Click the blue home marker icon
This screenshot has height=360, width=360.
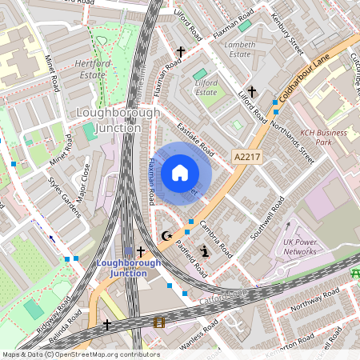pos(180,172)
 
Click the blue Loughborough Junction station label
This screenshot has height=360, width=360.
pos(122,267)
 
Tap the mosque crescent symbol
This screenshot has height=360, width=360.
pos(167,236)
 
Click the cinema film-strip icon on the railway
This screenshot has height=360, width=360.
pos(158,322)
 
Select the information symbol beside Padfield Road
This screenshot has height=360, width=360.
pos(204,252)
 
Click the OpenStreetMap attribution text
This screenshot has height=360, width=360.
pos(80,354)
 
